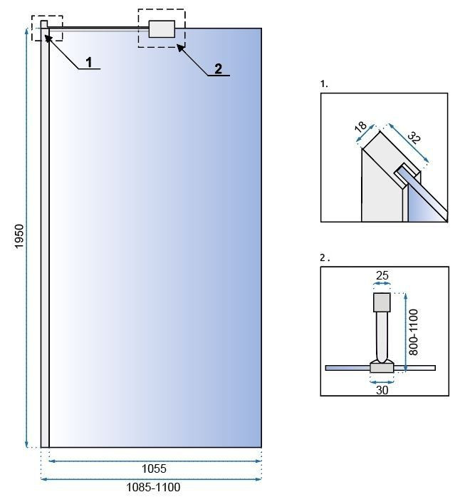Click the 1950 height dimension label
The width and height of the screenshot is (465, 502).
pyautogui.click(x=19, y=237)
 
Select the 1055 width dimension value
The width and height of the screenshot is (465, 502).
pyautogui.click(x=154, y=468)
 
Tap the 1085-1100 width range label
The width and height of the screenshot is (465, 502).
pyautogui.click(x=154, y=488)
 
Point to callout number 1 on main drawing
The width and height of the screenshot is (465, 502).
pyautogui.click(x=89, y=63)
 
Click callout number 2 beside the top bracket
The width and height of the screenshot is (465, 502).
pyautogui.click(x=218, y=68)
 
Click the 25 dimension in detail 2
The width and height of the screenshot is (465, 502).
pyautogui.click(x=382, y=275)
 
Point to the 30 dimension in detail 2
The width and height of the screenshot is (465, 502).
pyautogui.click(x=382, y=389)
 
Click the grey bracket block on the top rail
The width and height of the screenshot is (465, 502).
pyautogui.click(x=162, y=29)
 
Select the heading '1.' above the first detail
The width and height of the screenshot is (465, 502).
pyautogui.click(x=324, y=84)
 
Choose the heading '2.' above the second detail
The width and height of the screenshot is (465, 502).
pyautogui.click(x=325, y=258)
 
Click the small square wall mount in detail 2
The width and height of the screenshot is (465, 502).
pyautogui.click(x=382, y=302)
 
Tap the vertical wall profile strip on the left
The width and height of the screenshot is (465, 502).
pyautogui.click(x=45, y=235)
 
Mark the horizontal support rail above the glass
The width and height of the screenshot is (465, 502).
pyautogui.click(x=100, y=28)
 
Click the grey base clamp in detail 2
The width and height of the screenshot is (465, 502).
pyautogui.click(x=382, y=367)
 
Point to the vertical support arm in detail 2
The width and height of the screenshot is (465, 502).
pyautogui.click(x=382, y=335)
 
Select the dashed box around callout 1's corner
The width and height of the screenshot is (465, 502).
pyautogui.click(x=47, y=29)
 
